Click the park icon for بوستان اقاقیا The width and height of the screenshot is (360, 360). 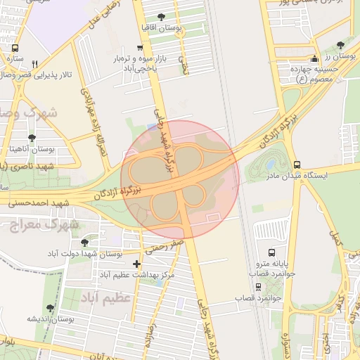pos(162,16)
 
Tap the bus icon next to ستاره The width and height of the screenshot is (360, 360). pos(15,49)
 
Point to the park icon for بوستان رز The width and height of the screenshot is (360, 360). pos(341,44)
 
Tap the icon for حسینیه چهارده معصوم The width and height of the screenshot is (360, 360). pos(314,58)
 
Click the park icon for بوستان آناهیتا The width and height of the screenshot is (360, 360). pos(31,139)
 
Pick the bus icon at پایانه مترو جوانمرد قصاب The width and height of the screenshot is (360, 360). pos(272,252)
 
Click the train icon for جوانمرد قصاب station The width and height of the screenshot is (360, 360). pos(258,287)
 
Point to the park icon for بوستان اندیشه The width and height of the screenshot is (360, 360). pos(50,308)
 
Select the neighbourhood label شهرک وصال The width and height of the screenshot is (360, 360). pos(28,112)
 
